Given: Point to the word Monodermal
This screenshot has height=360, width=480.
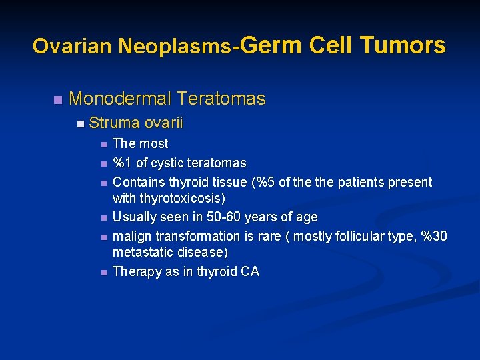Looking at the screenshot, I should click(119, 99).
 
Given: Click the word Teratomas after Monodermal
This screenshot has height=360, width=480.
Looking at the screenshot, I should click(221, 99).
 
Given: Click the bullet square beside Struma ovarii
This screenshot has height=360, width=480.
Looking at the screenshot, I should click(80, 123).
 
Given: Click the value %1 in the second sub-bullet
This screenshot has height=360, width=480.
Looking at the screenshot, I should click(122, 163).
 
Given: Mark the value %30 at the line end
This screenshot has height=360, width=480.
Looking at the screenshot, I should click(435, 236).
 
